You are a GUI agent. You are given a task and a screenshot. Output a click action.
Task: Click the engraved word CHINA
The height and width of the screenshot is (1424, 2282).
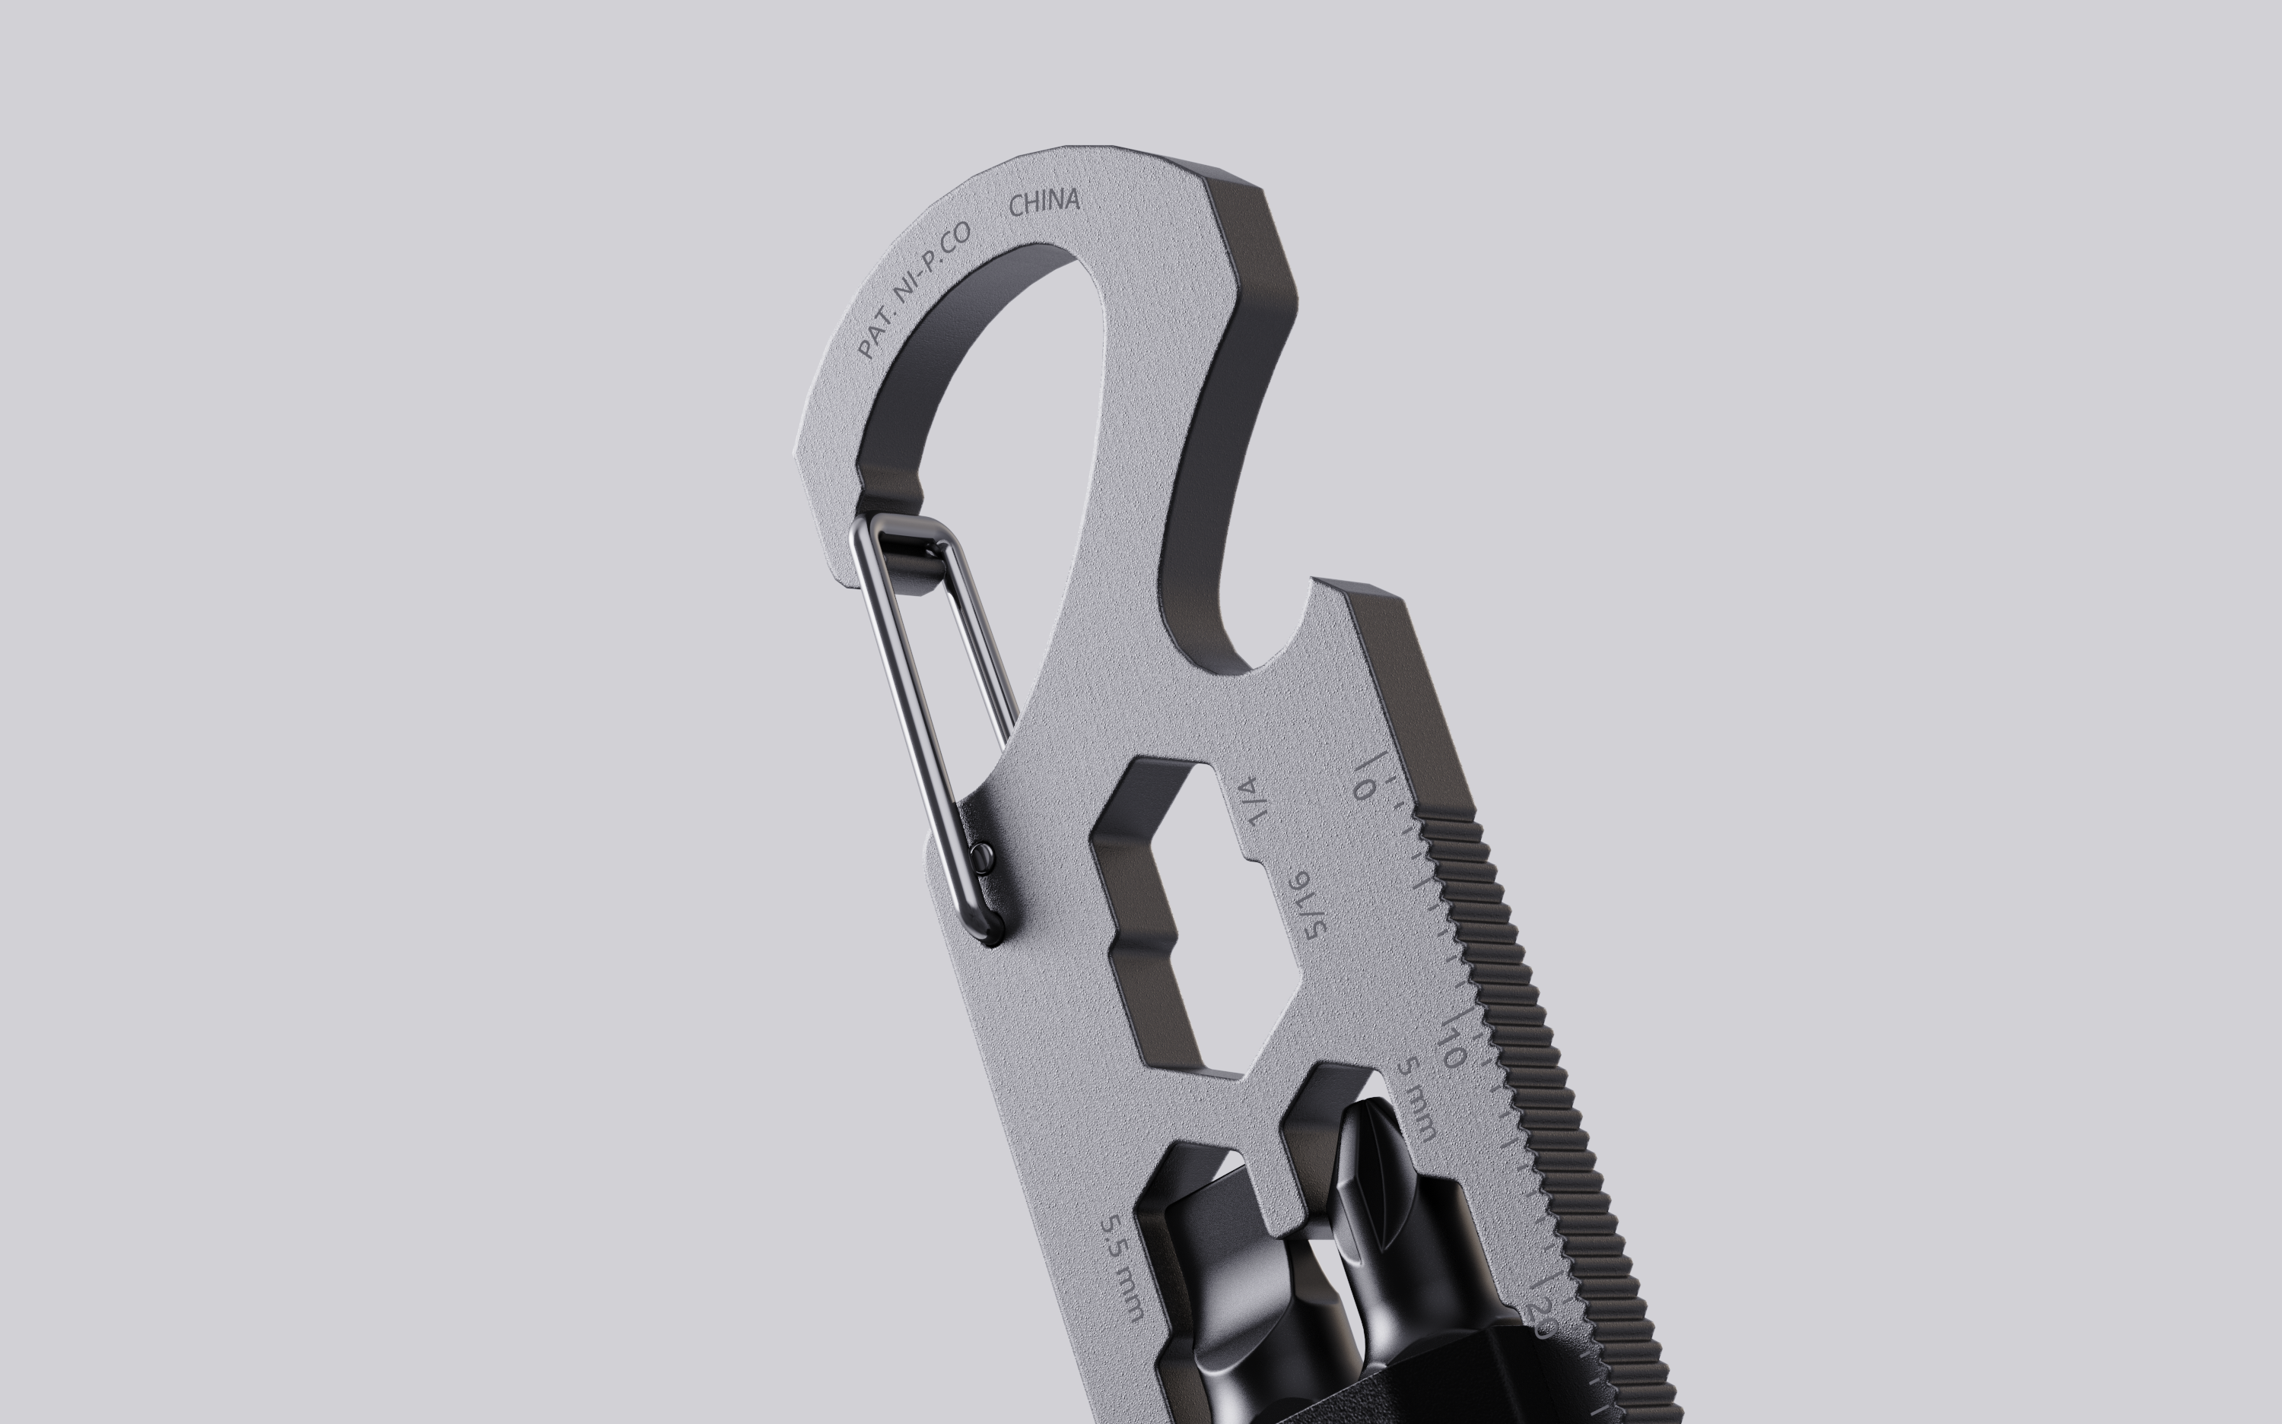coord(1044,202)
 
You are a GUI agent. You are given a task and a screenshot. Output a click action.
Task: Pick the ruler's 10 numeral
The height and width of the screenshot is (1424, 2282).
coord(1452,1046)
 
